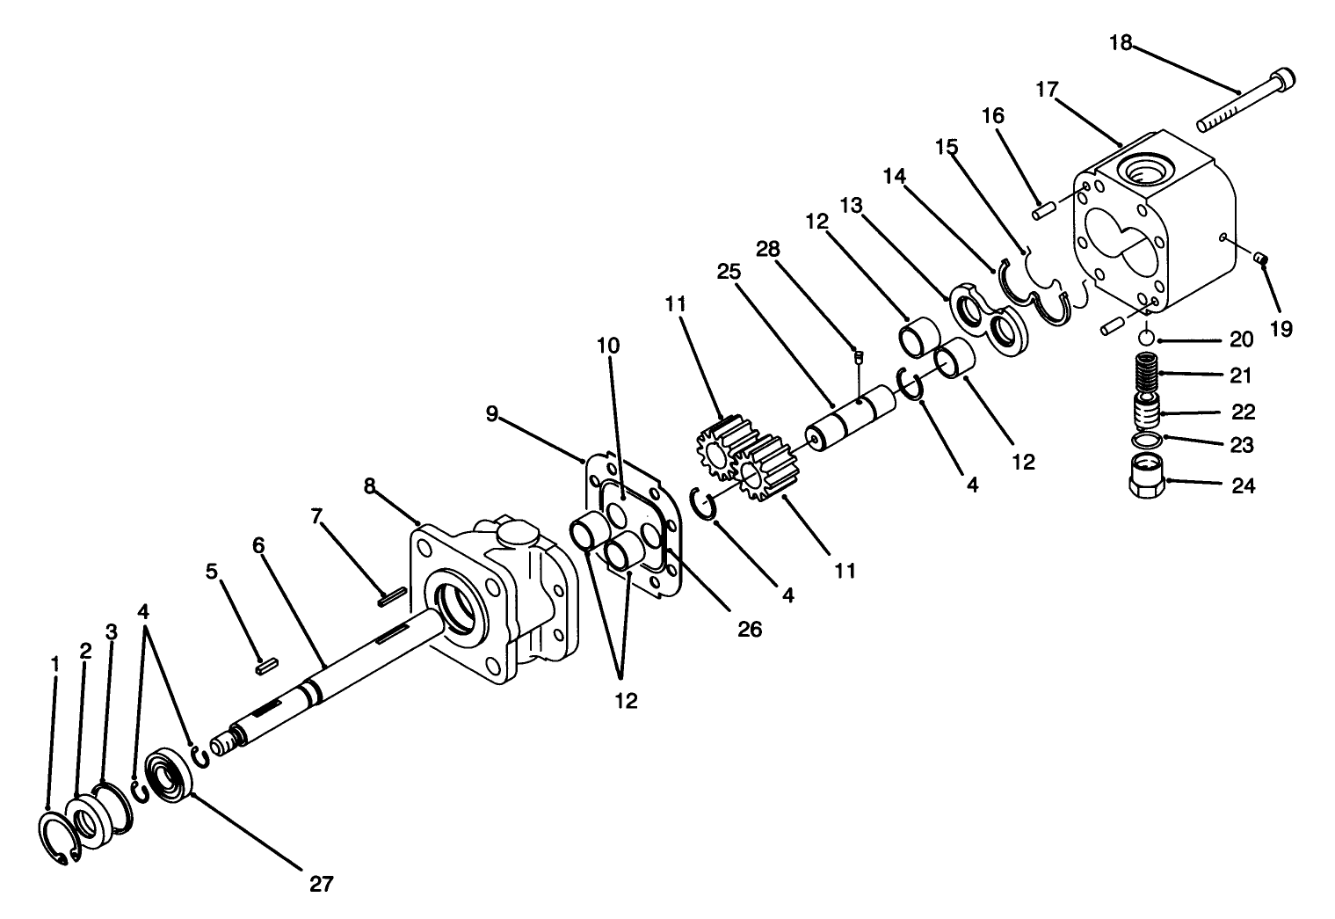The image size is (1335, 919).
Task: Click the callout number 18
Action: tap(1121, 42)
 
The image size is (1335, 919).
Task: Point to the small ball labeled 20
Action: tap(1146, 339)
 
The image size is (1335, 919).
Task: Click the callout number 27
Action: tap(322, 884)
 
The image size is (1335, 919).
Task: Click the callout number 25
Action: tap(729, 272)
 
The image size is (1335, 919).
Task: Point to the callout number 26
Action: tap(749, 630)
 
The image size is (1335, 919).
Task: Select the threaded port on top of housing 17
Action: tap(1143, 166)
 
